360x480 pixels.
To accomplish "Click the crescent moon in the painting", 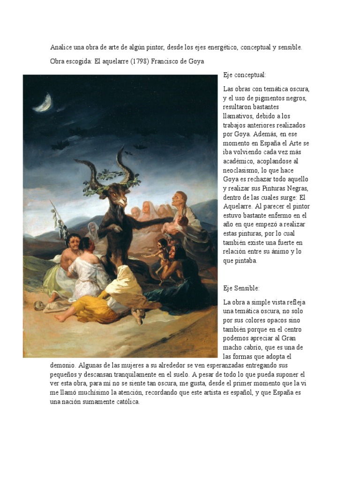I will tap(44, 102).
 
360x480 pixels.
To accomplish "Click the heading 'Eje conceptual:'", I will tap(244, 75).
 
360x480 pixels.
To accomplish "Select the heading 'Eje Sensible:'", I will tap(241, 288).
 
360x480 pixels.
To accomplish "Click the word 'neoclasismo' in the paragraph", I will tap(242, 170).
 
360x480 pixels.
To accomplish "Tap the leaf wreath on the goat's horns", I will tap(112, 178).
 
